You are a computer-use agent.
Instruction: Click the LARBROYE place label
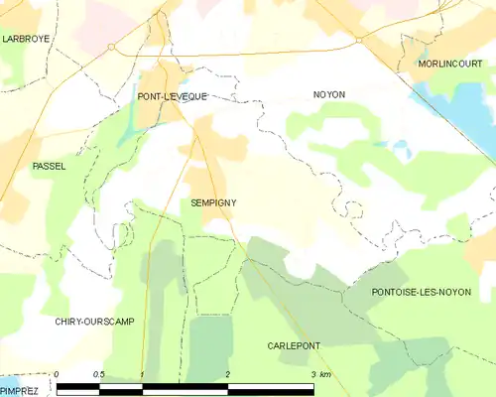pos(27,39)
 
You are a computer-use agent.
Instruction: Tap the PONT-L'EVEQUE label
pos(173,96)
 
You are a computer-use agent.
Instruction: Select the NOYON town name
pos(328,94)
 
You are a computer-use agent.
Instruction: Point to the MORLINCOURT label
pos(449,64)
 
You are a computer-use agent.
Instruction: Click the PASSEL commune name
pos(49,166)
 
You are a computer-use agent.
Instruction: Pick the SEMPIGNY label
pos(213,201)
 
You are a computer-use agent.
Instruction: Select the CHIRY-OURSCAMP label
pos(94,323)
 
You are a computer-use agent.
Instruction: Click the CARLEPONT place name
pos(294,345)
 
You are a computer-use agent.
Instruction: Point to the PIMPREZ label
pos(19,391)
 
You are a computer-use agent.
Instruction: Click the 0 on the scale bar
pos(58,374)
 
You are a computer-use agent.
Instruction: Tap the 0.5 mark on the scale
pos(99,374)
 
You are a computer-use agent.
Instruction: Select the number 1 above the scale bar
pos(143,374)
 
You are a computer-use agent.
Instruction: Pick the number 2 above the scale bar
pos(228,374)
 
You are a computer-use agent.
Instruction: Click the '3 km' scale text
pos(319,374)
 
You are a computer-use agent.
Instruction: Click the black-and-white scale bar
pos(186,387)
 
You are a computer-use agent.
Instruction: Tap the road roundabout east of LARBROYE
pos(111,47)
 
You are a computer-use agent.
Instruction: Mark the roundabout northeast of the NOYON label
pos(358,40)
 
